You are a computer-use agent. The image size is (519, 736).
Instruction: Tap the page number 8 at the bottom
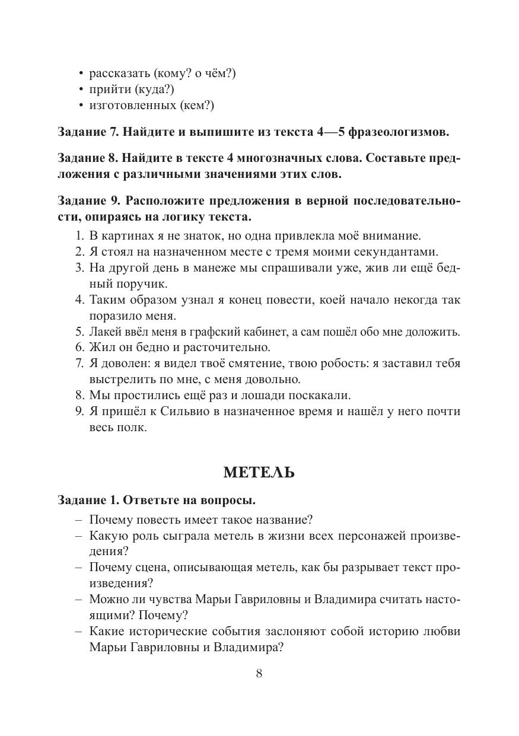point(259,673)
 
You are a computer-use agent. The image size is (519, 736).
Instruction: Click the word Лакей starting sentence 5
point(106,331)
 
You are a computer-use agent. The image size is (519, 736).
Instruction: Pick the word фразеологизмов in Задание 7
point(399,131)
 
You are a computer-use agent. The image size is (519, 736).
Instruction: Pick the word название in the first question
point(277,520)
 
